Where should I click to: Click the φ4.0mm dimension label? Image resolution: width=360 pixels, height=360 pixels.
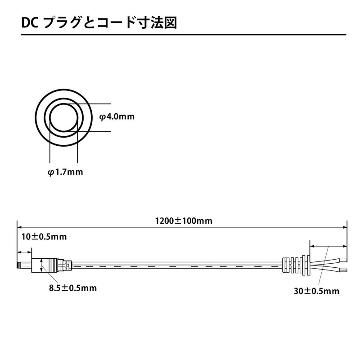(117, 117)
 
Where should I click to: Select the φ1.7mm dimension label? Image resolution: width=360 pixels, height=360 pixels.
(65, 172)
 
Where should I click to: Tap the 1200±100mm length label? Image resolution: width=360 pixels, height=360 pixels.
(184, 221)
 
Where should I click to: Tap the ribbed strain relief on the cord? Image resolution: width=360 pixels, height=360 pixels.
(295, 266)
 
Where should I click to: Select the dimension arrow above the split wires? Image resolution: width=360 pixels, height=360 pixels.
(328, 247)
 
